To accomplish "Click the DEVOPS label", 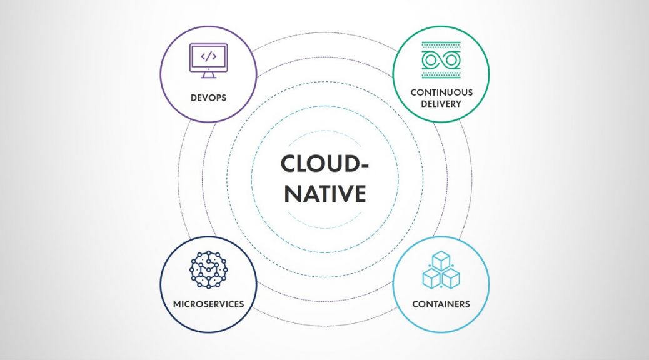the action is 208,97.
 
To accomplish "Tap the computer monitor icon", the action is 208,61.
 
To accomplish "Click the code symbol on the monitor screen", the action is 208,56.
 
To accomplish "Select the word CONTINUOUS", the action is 441,92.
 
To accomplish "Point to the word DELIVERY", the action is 441,104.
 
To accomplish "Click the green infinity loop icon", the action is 441,61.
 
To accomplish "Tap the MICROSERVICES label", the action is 208,304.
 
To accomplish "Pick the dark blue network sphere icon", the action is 208,269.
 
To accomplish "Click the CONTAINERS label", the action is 441,304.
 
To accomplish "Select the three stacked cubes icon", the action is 441,270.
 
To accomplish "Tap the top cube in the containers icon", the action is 441,261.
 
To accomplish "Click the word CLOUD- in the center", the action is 324,164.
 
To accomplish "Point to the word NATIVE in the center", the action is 325,193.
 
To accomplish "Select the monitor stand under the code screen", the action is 208,74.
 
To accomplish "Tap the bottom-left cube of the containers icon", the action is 431,279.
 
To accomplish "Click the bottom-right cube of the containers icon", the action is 451,279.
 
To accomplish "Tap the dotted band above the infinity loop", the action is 441,46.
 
